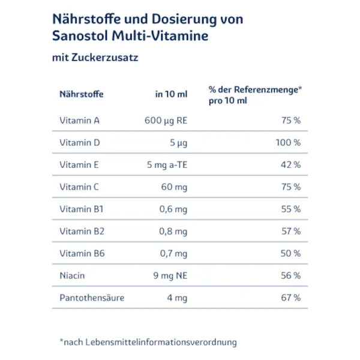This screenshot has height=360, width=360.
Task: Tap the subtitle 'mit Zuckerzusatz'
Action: (95, 58)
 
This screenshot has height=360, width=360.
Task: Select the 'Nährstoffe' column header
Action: (82, 94)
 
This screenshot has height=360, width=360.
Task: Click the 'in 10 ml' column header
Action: (171, 94)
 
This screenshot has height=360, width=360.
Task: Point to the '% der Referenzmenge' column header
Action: (256, 95)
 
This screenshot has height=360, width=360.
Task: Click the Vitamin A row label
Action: (79, 121)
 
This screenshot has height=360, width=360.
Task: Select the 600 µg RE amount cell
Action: (166, 121)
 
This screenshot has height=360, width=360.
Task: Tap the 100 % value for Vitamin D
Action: (288, 143)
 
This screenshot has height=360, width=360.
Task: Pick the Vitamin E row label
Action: (79, 165)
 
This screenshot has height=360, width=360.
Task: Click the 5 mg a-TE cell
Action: (167, 165)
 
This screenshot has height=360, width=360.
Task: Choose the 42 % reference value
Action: (290, 165)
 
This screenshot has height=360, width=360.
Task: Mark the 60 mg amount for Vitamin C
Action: (174, 187)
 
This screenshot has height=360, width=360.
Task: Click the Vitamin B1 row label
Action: (82, 209)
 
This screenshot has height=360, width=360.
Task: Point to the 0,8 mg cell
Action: (173, 232)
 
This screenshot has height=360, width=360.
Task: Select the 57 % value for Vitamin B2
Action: (291, 231)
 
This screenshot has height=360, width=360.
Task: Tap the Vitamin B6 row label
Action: (82, 253)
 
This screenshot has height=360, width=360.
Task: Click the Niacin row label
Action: (72, 275)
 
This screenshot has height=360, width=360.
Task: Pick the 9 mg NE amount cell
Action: (170, 276)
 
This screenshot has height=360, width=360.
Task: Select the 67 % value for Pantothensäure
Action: (291, 298)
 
